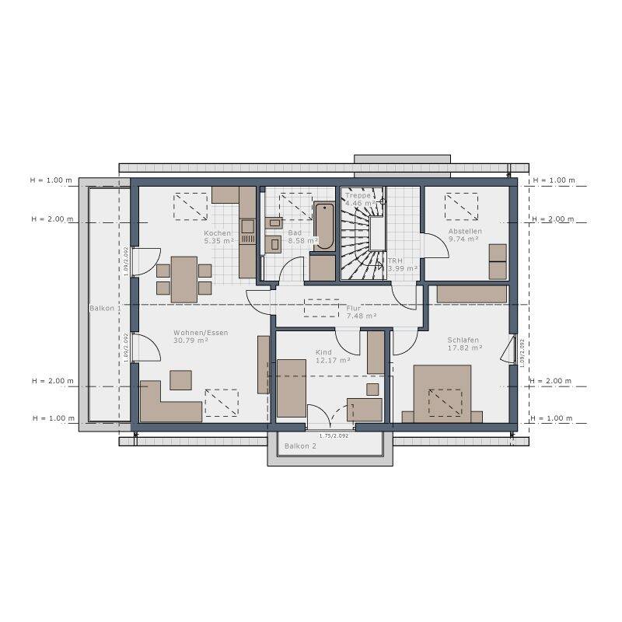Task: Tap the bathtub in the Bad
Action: tap(324, 225)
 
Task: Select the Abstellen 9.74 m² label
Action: tap(465, 236)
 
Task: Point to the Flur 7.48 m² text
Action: tap(362, 312)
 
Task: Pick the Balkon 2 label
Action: tap(300, 446)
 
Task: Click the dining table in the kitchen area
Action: tap(183, 279)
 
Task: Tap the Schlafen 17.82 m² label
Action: tap(463, 344)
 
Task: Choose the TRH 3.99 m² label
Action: tap(402, 265)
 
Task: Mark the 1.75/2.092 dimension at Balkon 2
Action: tap(334, 435)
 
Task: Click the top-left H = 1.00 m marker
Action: tap(51, 180)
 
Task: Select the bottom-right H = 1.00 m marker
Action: tap(554, 418)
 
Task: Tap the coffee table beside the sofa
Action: tap(180, 379)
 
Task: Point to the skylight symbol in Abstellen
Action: tap(460, 207)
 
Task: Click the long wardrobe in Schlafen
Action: tap(472, 294)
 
